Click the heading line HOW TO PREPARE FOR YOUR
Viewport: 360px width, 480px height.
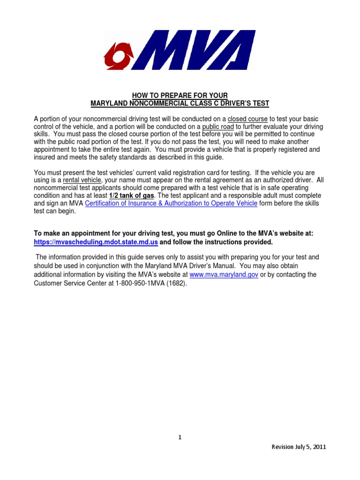pos(180,95)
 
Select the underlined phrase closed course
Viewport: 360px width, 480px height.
pos(247,119)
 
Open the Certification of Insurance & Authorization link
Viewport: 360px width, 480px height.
pos(172,203)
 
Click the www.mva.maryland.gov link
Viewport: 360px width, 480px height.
pos(224,275)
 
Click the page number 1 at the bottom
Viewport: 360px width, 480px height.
pos(180,437)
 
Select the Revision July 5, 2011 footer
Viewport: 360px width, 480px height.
pos(299,447)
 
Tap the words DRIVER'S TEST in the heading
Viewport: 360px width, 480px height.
pos(245,103)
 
